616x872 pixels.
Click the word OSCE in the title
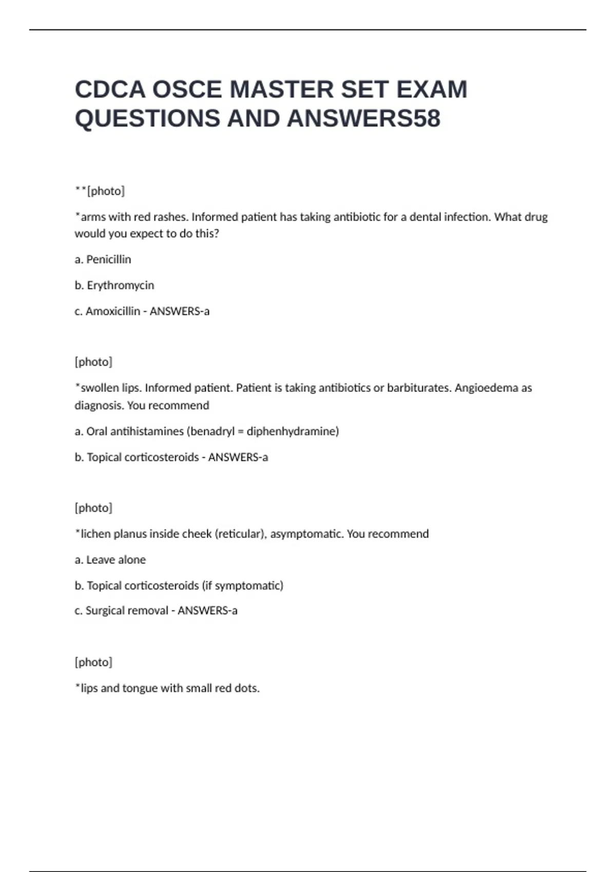pyautogui.click(x=187, y=90)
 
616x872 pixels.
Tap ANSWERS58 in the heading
pyautogui.click(x=363, y=118)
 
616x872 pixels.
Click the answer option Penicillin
pyautogui.click(x=108, y=260)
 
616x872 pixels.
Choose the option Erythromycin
pyautogui.click(x=120, y=285)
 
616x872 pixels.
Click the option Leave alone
pyautogui.click(x=115, y=560)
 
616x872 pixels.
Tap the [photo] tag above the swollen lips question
pyautogui.click(x=93, y=362)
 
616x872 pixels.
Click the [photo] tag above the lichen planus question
pyautogui.click(x=93, y=508)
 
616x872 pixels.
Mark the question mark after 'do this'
pyautogui.click(x=217, y=234)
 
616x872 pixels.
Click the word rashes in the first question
pyautogui.click(x=170, y=217)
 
